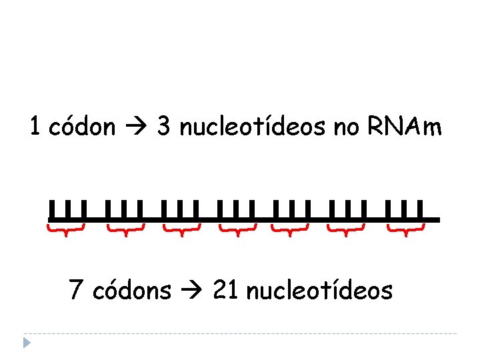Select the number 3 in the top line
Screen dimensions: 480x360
point(163,127)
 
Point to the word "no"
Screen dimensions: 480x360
point(346,127)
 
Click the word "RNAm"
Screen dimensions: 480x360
point(404,127)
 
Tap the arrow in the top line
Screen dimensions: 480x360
point(138,127)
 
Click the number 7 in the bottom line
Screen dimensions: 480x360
point(76,291)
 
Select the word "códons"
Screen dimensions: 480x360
point(132,291)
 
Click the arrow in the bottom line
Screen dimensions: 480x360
point(192,291)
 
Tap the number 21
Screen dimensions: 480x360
point(225,291)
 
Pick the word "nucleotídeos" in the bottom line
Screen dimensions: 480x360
point(319,291)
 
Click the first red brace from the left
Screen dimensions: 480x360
point(66,231)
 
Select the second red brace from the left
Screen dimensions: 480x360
point(126,231)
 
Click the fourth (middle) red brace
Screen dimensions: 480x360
point(238,231)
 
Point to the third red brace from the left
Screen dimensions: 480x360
point(182,231)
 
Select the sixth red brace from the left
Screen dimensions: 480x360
point(347,231)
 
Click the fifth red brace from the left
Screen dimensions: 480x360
point(290,231)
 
